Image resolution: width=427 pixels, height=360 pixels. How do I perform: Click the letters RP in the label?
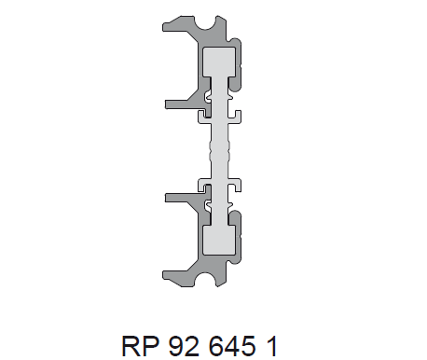138,343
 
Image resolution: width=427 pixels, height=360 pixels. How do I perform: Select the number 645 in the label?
234,343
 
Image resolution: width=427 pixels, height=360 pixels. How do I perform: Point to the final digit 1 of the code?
270,343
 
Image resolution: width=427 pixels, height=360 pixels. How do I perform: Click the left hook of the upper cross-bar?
202,117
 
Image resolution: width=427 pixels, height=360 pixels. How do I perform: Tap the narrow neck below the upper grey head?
221,97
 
